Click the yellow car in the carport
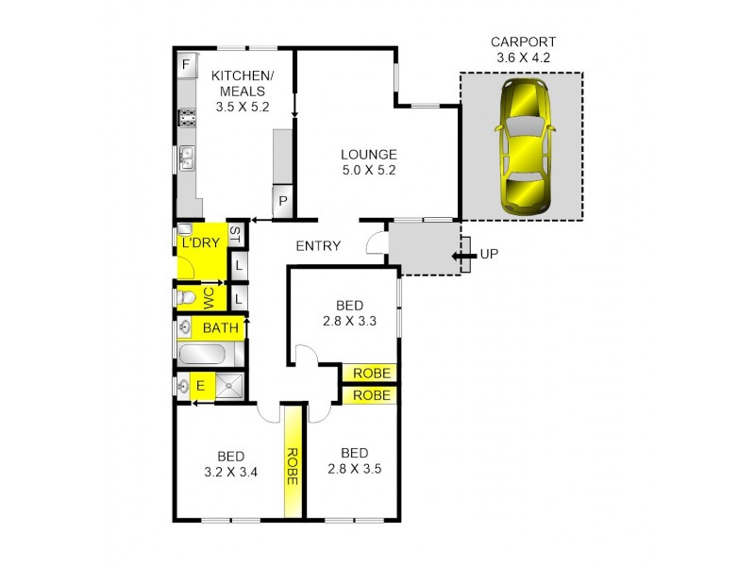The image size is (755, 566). tap(522, 145)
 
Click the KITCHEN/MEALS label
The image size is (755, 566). tap(242, 92)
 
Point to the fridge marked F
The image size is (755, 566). tap(187, 64)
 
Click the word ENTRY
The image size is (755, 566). tap(318, 246)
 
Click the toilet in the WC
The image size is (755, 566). tap(186, 298)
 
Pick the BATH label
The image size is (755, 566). tap(221, 329)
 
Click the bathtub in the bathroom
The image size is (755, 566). tap(201, 357)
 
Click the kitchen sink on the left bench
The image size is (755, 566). tap(187, 157)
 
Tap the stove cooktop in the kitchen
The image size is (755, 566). tap(187, 118)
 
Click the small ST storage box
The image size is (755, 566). tap(236, 235)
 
